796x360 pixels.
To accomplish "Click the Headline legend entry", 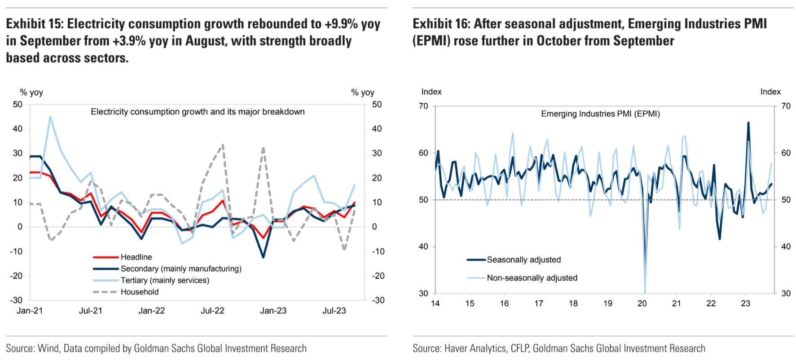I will tap(136, 257).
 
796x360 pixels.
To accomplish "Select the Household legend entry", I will tap(139, 292).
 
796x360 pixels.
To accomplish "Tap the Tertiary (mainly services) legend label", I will tap(165, 281).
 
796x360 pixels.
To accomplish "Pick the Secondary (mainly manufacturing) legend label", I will tap(181, 269).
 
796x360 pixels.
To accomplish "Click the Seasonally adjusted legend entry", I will tap(523, 260).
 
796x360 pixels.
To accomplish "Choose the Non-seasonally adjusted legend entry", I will tap(532, 278).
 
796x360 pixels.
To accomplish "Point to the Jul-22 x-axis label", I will tap(212, 311).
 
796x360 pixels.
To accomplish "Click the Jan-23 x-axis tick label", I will tap(273, 311).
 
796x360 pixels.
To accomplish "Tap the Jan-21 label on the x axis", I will tap(30, 311).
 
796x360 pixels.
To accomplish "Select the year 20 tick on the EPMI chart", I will tap(642, 303).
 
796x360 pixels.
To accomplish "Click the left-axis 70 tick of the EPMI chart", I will tap(423, 106).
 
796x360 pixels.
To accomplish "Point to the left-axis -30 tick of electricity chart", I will tap(16, 300).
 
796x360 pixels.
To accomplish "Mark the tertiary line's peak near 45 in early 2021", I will tap(50, 117).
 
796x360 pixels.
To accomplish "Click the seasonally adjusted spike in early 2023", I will tap(748, 123).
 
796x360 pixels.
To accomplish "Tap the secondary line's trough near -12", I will tap(263, 257).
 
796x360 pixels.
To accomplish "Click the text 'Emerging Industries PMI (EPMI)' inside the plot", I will tap(600, 114).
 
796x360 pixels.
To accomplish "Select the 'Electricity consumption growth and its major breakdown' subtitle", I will tap(198, 112).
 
